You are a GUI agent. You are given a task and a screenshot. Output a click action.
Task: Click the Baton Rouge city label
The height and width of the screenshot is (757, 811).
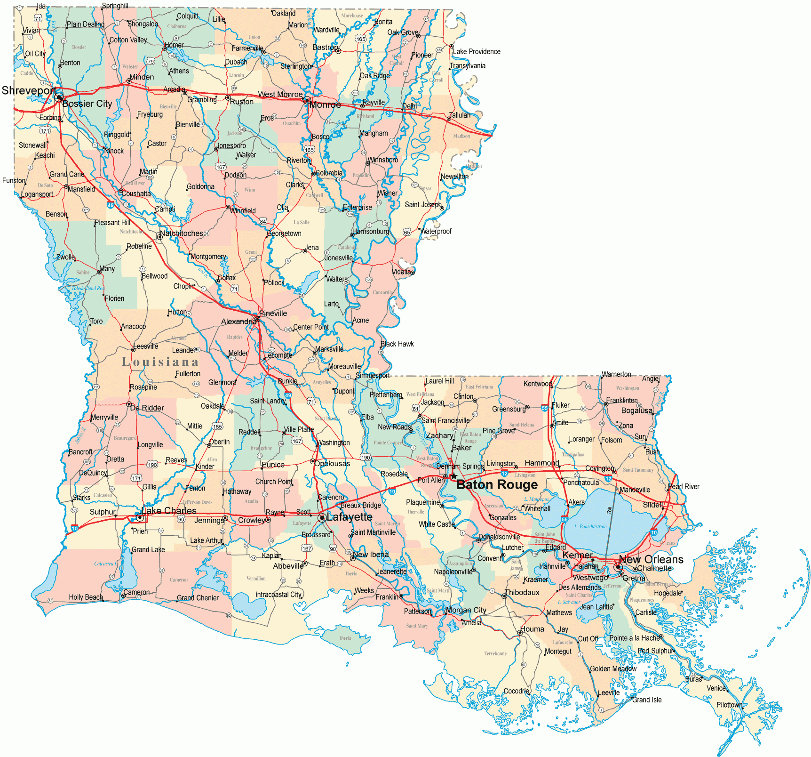pyautogui.click(x=497, y=484)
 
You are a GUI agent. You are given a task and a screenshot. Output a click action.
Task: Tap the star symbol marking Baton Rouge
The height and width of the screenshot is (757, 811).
pyautogui.click(x=453, y=476)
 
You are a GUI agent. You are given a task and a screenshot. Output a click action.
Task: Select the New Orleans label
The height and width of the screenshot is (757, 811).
pyautogui.click(x=651, y=559)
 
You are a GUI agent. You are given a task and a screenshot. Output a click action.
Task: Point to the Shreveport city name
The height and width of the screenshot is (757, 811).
pyautogui.click(x=29, y=90)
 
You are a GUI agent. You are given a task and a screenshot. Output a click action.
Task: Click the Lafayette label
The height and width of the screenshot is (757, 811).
pyautogui.click(x=349, y=517)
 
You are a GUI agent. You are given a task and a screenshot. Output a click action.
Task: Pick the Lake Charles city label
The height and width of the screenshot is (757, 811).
pyautogui.click(x=168, y=511)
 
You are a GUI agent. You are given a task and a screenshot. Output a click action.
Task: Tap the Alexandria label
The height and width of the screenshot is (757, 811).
pyautogui.click(x=239, y=322)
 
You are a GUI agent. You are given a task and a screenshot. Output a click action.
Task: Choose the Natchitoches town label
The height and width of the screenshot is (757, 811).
pyautogui.click(x=182, y=234)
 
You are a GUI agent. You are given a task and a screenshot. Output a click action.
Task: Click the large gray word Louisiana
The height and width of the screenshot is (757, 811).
pyautogui.click(x=160, y=362)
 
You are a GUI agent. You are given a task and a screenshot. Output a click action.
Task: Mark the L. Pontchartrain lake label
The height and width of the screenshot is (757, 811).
pyautogui.click(x=590, y=526)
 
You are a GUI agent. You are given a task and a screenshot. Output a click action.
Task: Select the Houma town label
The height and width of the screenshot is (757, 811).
pyautogui.click(x=532, y=629)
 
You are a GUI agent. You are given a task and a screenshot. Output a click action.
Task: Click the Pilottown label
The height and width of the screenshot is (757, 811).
pyautogui.click(x=729, y=705)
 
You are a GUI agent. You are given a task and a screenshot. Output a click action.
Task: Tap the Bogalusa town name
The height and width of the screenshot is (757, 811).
pyautogui.click(x=636, y=411)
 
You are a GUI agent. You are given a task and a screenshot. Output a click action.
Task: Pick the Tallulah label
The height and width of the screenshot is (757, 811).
pyautogui.click(x=460, y=115)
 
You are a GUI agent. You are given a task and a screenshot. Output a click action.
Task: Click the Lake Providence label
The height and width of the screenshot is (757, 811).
pyautogui.click(x=477, y=52)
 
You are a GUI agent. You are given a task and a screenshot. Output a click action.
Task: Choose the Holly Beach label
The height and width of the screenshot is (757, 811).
pyautogui.click(x=86, y=597)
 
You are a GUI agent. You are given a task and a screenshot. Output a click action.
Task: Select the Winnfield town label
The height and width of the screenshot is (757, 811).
pyautogui.click(x=243, y=211)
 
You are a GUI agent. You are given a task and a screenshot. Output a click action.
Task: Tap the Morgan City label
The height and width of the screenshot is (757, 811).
pyautogui.click(x=466, y=610)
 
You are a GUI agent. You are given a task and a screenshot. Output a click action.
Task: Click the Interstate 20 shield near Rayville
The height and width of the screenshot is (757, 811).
pyautogui.click(x=390, y=113)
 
